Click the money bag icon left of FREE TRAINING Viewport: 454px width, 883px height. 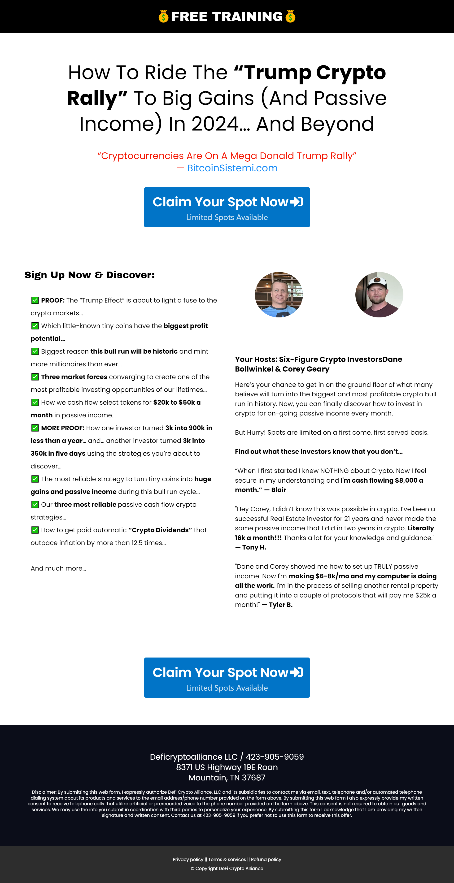(x=163, y=17)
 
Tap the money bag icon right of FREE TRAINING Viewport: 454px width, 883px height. (x=290, y=17)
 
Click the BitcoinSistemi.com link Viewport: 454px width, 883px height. (x=232, y=168)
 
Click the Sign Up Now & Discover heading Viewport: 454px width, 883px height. (x=89, y=275)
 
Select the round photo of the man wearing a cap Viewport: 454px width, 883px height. (x=379, y=294)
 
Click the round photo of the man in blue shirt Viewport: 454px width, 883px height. (x=279, y=294)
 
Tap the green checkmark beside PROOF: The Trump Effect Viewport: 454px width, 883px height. (x=35, y=300)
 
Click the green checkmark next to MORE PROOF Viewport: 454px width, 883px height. (x=35, y=428)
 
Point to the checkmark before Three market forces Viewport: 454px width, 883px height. (x=35, y=377)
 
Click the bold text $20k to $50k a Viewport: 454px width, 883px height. (x=177, y=403)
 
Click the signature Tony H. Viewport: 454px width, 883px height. (x=254, y=547)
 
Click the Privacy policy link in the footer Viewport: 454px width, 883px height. (x=188, y=859)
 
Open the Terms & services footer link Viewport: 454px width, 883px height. (x=227, y=859)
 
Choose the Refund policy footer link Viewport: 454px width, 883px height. (x=266, y=859)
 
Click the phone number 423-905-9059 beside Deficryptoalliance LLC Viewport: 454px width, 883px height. (x=275, y=757)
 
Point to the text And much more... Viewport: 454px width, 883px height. (x=58, y=568)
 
